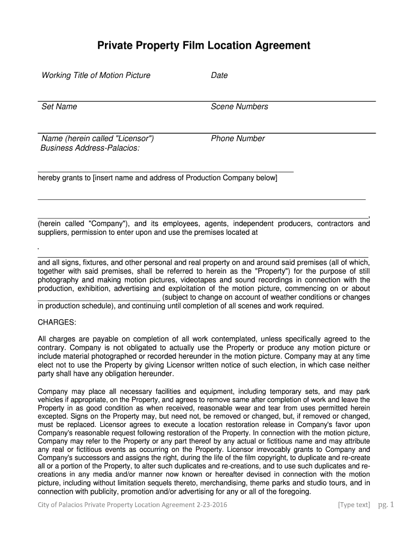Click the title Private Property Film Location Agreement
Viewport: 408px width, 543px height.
(203, 46)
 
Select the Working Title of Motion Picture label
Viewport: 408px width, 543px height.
(96, 75)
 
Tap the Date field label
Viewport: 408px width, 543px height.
(219, 75)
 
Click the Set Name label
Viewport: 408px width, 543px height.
(59, 107)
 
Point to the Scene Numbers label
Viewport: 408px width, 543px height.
(240, 107)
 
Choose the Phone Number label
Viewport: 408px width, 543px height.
(238, 138)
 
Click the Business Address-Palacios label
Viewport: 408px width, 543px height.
(90, 148)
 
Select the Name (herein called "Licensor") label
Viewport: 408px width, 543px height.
(98, 138)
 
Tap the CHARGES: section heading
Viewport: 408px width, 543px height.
(57, 322)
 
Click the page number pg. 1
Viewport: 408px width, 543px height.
(386, 504)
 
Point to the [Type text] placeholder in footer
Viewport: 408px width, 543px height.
(354, 505)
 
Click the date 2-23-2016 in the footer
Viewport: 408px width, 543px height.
(210, 505)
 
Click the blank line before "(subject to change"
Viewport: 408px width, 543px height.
(99, 299)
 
